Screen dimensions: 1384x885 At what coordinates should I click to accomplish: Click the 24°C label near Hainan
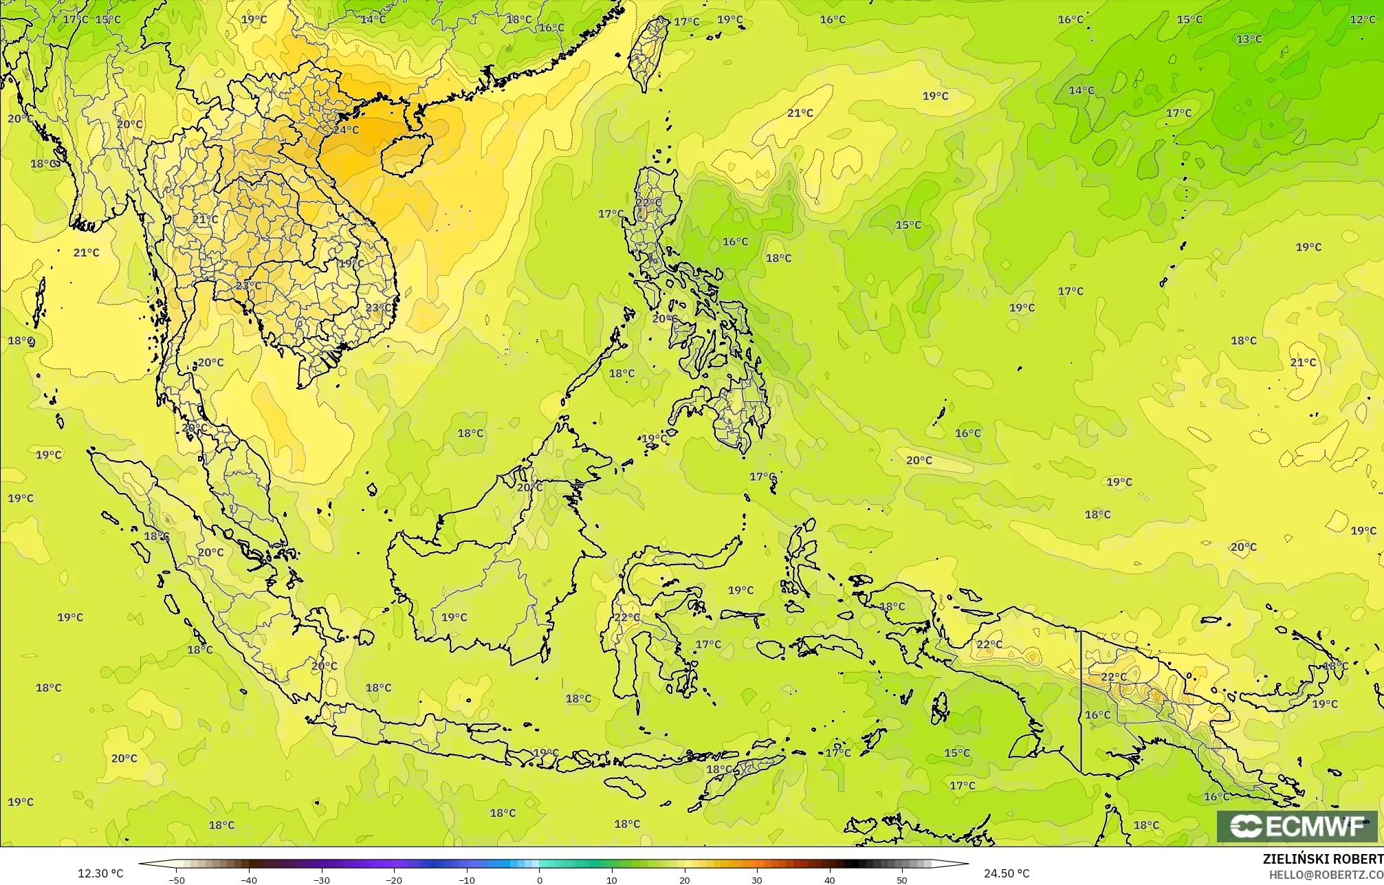tap(346, 129)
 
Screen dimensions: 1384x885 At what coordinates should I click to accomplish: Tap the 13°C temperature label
tap(1249, 39)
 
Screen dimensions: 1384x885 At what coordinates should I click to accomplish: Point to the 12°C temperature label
tap(1363, 19)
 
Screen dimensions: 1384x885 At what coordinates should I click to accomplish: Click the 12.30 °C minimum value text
tap(100, 873)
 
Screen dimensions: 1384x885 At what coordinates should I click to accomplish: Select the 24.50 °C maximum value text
tap(1007, 873)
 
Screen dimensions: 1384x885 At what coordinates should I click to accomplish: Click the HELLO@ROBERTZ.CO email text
tap(1326, 874)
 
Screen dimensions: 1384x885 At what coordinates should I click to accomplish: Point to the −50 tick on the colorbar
tap(177, 879)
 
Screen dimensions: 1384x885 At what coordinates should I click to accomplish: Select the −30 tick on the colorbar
tap(322, 879)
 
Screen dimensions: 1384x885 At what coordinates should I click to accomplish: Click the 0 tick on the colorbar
tap(540, 879)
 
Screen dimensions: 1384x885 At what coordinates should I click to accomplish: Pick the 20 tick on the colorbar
tap(685, 879)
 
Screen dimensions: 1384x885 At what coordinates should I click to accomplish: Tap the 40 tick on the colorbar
tap(830, 879)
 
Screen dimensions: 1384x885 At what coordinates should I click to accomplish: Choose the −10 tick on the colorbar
tap(467, 879)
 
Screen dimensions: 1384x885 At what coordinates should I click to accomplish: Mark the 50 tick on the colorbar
tap(902, 879)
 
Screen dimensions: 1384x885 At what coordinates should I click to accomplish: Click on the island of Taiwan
tap(649, 52)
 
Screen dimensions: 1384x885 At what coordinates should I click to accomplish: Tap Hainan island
tap(406, 152)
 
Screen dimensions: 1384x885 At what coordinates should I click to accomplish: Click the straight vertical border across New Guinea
tap(1081, 701)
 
